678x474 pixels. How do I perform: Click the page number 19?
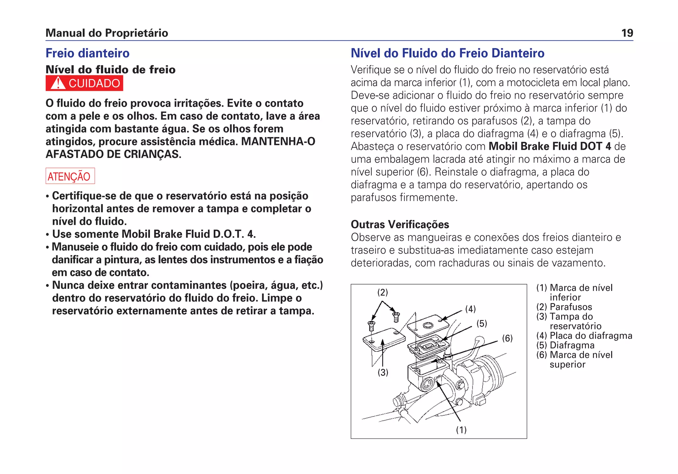click(627, 33)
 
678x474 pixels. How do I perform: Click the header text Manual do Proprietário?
click(107, 33)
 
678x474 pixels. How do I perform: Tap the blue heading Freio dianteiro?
click(87, 53)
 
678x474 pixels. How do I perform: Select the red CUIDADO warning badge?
click(84, 83)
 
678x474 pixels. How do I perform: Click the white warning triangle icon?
click(58, 83)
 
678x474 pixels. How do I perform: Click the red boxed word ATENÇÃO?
click(70, 176)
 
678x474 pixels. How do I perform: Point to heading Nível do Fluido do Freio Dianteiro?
click(447, 53)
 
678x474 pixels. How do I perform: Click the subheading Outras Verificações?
click(400, 225)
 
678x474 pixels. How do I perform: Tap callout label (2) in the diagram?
click(382, 292)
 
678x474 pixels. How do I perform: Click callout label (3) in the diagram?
click(383, 373)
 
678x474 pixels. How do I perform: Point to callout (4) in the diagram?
click(470, 309)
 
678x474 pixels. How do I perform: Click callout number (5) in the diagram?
click(481, 324)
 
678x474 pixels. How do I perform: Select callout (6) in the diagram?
click(507, 338)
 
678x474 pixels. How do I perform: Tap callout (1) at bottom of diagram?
click(461, 430)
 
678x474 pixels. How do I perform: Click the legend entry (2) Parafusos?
click(564, 307)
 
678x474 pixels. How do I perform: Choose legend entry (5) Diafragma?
click(565, 345)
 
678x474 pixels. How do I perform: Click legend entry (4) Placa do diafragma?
click(584, 336)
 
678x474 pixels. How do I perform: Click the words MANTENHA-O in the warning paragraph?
click(278, 142)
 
